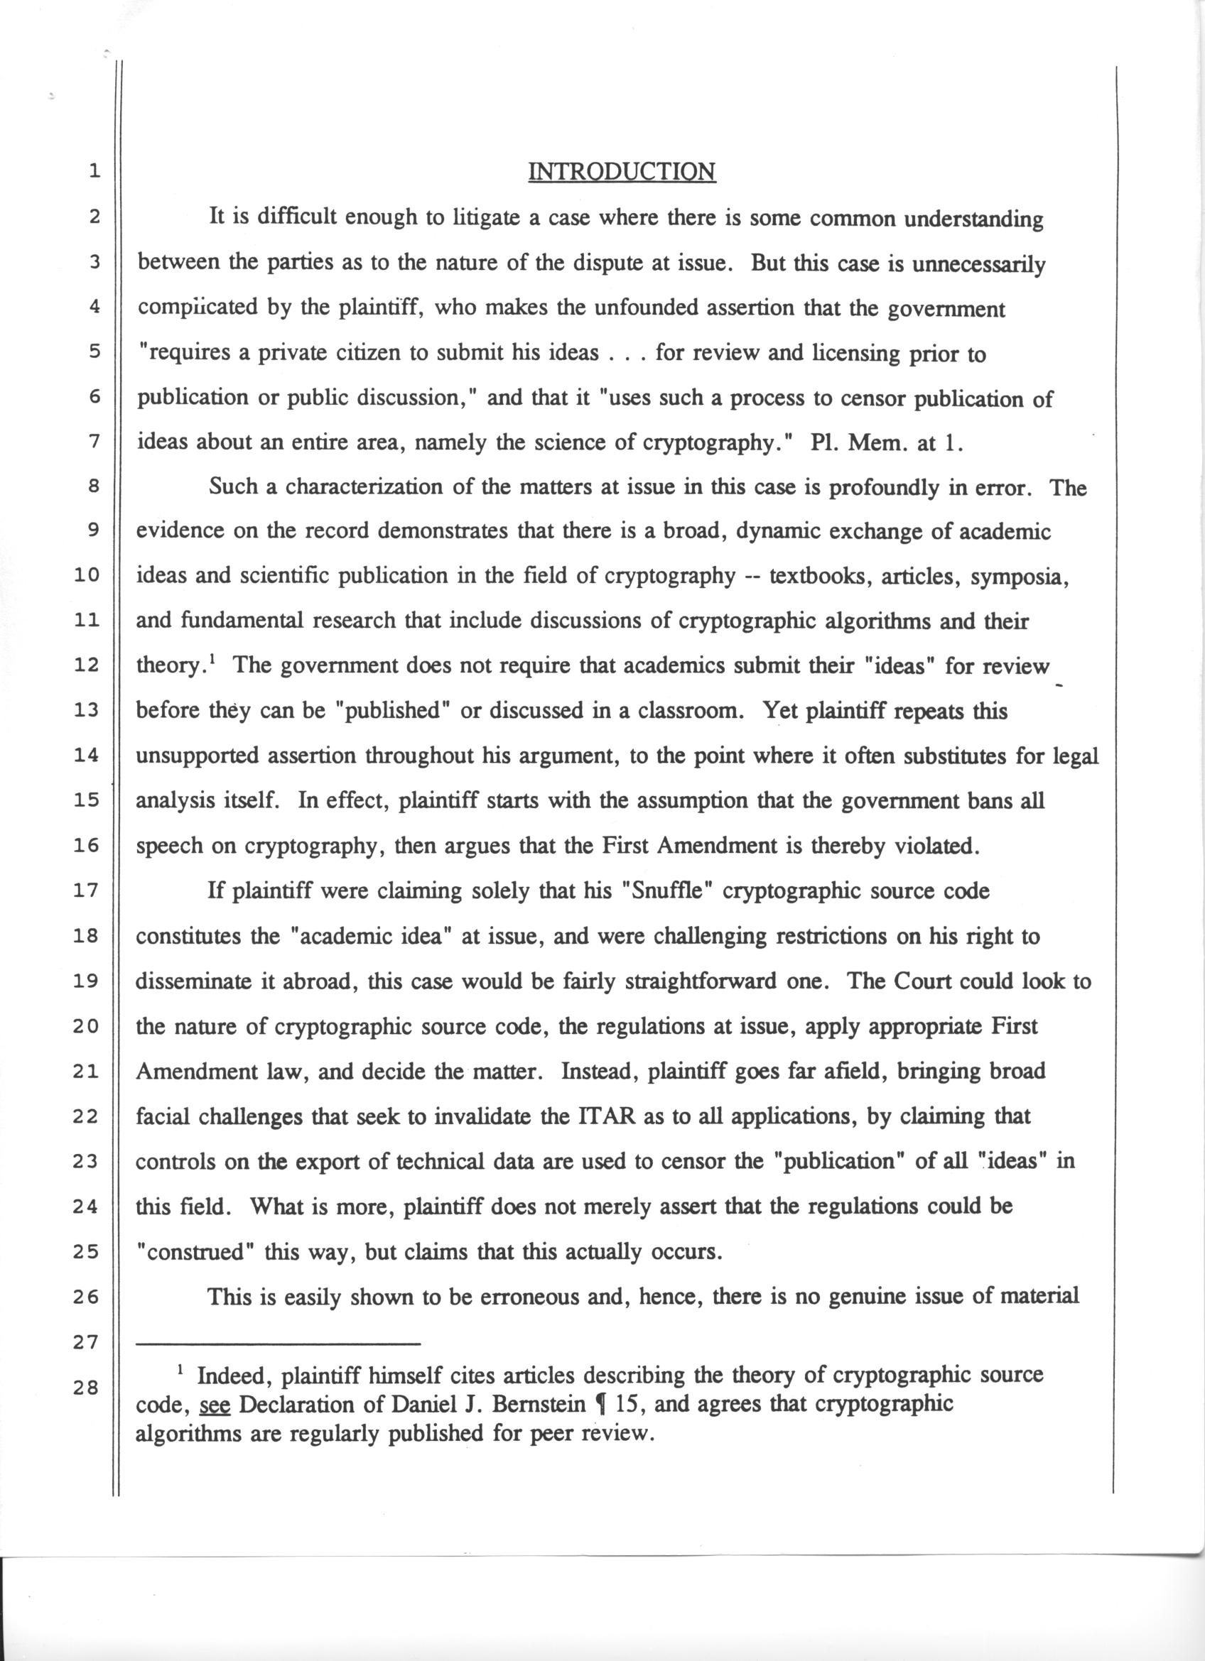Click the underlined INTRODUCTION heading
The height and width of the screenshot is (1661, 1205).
click(x=622, y=172)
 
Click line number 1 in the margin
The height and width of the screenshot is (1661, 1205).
click(x=93, y=173)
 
